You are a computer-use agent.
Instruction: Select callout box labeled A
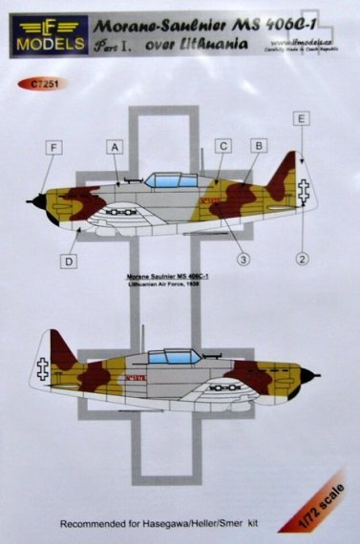116,147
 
